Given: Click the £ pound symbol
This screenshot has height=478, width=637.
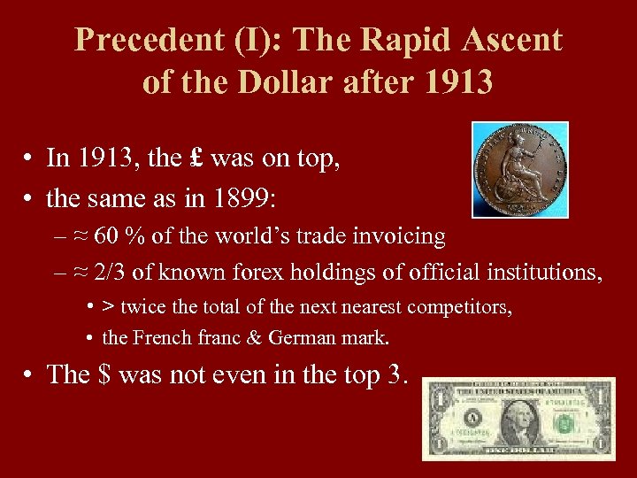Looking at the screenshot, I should click(196, 159).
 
